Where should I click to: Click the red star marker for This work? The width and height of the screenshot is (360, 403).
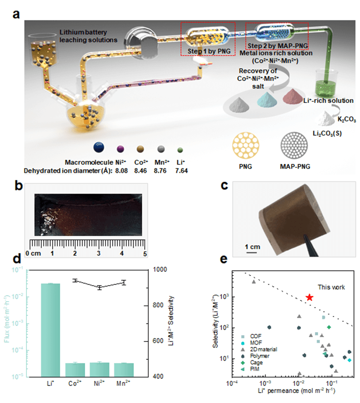(x=310, y=297)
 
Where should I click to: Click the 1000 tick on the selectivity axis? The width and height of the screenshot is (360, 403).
(x=160, y=270)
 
